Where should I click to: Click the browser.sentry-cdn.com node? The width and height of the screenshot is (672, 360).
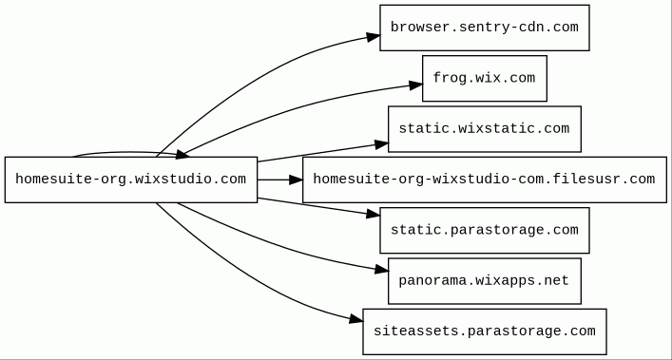pos(485,28)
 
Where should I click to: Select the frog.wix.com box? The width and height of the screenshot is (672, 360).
pos(485,78)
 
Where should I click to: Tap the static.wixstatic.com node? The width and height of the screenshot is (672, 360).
pos(485,129)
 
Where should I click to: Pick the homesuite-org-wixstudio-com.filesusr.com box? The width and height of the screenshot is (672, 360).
pos(485,180)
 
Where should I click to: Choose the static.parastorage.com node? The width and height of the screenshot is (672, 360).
pos(485,230)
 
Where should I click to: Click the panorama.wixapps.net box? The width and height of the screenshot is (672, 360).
pos(485,281)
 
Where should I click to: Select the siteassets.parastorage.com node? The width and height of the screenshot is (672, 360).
pos(485,332)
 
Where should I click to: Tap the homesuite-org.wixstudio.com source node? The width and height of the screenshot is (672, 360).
pos(131,180)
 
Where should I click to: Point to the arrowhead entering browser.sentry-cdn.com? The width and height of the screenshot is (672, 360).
pos(374,37)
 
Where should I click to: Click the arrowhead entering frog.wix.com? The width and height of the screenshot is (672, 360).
pos(415,85)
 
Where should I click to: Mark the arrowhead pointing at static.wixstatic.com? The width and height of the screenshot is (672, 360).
pos(381,144)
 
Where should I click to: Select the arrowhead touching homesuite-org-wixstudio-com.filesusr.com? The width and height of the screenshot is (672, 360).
pos(297,180)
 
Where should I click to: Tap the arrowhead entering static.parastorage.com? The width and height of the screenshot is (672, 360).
pos(374,214)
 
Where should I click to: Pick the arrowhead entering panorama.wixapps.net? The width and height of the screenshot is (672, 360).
pos(382,269)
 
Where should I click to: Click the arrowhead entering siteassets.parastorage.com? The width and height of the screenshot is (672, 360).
pos(356,319)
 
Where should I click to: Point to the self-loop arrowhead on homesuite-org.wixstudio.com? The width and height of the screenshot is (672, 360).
pos(183,154)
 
